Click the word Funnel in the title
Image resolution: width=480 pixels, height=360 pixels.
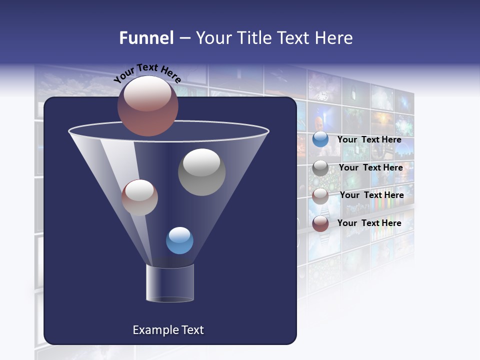[146, 38]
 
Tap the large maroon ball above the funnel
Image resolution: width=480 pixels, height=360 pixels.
[147, 106]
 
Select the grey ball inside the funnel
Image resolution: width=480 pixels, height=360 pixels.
[201, 171]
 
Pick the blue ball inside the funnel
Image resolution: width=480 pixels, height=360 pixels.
[179, 240]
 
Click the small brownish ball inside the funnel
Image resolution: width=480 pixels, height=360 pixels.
[139, 197]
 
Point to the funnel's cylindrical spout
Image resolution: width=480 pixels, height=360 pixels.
[169, 283]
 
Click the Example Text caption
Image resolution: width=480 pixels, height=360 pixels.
[168, 330]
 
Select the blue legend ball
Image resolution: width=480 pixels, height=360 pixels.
[320, 139]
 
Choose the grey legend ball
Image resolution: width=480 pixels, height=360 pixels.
[320, 168]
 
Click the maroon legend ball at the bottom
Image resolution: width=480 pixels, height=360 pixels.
[320, 223]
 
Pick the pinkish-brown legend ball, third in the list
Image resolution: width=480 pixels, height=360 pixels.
[320, 196]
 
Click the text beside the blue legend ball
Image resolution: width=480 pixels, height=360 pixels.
[369, 139]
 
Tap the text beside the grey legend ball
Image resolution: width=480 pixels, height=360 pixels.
[370, 167]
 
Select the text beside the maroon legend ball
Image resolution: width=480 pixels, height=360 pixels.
[369, 223]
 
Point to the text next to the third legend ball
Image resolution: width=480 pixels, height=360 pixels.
[371, 195]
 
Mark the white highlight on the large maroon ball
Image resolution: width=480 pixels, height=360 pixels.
[147, 95]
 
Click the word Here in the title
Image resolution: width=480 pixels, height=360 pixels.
[335, 38]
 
